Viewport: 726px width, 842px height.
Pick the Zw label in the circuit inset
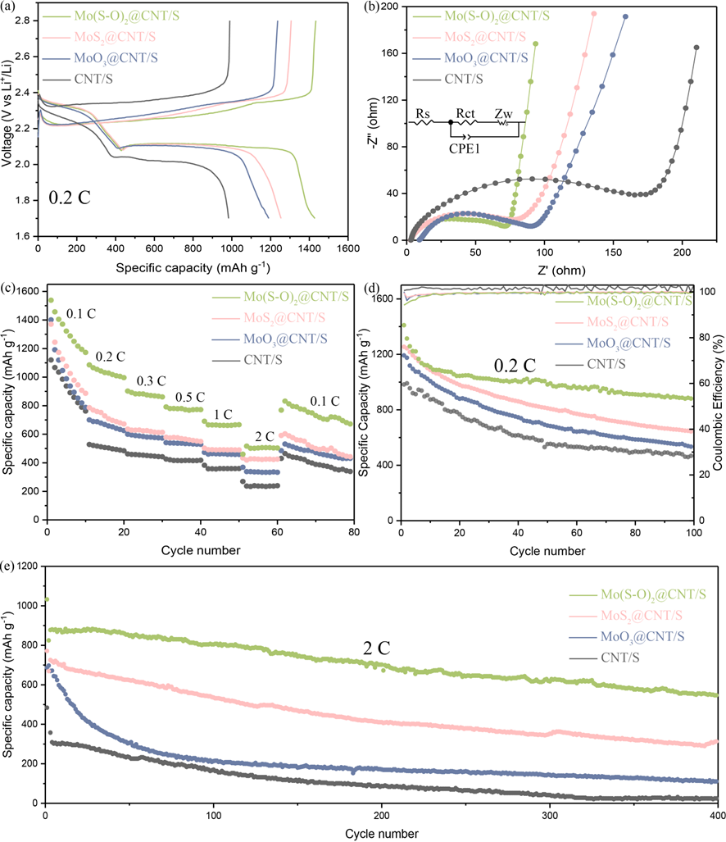coord(503,114)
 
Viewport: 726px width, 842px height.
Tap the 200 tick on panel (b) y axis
coord(390,7)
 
